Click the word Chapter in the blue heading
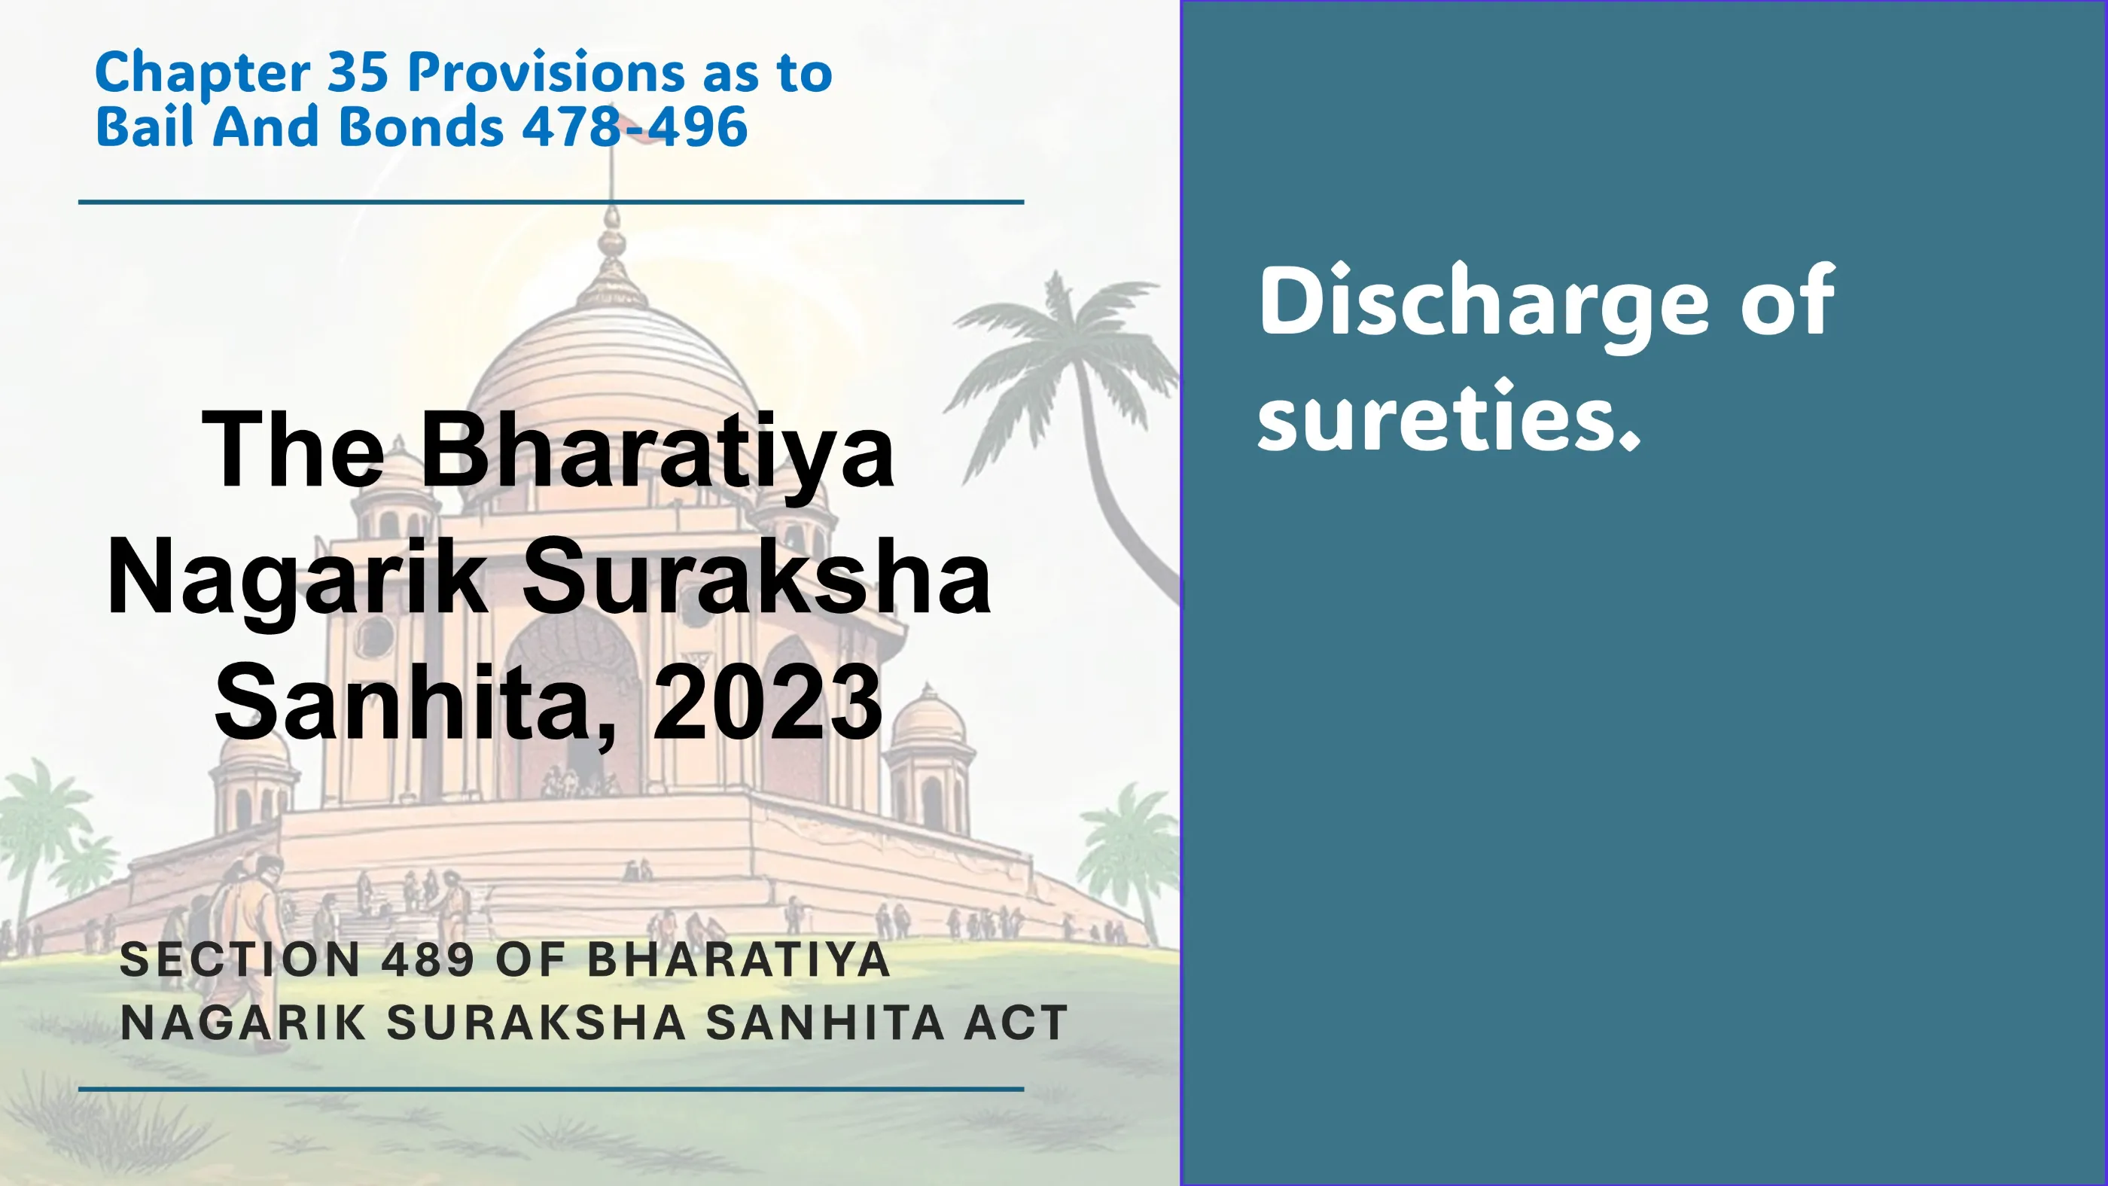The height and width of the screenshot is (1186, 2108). click(x=202, y=74)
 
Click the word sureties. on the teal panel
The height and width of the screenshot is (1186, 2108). click(x=1448, y=417)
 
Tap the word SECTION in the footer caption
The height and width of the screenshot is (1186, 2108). click(x=239, y=959)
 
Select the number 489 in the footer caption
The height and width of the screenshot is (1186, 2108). click(x=428, y=959)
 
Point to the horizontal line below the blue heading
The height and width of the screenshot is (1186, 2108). click(x=551, y=201)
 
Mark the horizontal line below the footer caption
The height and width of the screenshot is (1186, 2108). click(x=551, y=1090)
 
